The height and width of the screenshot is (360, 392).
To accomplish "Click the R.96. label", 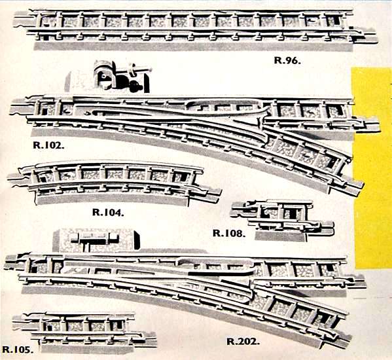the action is coord(287,60).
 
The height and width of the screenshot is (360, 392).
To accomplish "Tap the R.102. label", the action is coord(48,145).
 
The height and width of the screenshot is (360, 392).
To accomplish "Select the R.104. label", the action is coord(108,212).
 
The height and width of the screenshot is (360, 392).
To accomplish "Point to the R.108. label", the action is coord(229,233).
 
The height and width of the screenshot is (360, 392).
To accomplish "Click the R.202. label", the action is coord(243,341).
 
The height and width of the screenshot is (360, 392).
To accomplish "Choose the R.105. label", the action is coord(18,350).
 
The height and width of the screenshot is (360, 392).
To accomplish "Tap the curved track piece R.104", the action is coord(114,183).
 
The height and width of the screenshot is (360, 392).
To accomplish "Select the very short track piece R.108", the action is coord(283,220).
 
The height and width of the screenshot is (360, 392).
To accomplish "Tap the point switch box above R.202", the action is coord(96,240).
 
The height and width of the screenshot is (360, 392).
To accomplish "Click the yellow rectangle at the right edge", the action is coord(372,168).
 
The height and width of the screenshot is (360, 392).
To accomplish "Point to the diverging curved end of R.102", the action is coord(350,183).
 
